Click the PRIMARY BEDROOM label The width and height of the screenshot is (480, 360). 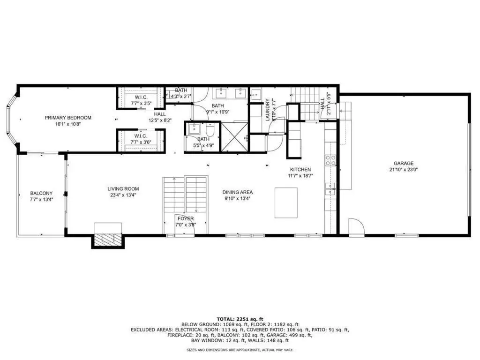pyautogui.click(x=68, y=118)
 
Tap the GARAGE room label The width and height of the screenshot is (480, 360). pyautogui.click(x=404, y=164)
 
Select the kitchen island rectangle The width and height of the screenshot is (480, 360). pyautogui.click(x=286, y=202)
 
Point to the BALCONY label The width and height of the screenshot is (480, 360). pyautogui.click(x=41, y=193)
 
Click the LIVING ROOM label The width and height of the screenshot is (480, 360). pyautogui.click(x=123, y=189)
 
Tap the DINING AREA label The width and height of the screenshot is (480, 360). pyautogui.click(x=238, y=192)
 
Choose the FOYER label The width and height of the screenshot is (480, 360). pyautogui.click(x=186, y=218)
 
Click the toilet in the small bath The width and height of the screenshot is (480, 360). pyautogui.click(x=210, y=130)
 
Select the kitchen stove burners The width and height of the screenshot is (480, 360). pyautogui.click(x=330, y=160)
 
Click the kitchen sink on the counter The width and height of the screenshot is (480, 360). pyautogui.click(x=330, y=188)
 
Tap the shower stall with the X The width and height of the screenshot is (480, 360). pyautogui.click(x=234, y=136)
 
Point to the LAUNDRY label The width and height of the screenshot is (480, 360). pyautogui.click(x=268, y=110)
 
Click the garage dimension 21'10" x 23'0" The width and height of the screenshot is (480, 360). pyautogui.click(x=404, y=170)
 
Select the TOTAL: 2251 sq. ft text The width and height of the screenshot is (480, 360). pyautogui.click(x=240, y=319)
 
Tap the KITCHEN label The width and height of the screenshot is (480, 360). pyautogui.click(x=300, y=170)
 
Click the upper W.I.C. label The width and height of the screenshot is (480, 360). pyautogui.click(x=141, y=97)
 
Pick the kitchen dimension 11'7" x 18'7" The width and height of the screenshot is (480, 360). pyautogui.click(x=300, y=176)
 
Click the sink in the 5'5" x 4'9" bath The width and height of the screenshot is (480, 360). pyautogui.click(x=194, y=129)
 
